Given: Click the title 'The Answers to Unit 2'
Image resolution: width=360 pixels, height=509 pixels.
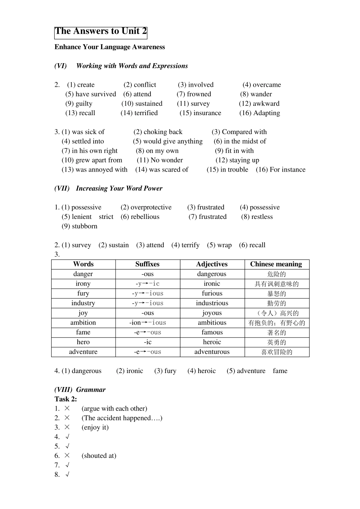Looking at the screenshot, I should pos(101,31).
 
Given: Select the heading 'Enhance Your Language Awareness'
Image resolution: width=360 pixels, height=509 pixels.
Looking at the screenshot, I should pos(110,47).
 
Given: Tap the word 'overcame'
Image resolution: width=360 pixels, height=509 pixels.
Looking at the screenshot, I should pos(267,85).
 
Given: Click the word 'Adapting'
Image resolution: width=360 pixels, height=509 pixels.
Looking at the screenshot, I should pos(266,113).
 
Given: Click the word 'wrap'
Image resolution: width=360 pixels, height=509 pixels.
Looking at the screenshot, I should pos(224,245).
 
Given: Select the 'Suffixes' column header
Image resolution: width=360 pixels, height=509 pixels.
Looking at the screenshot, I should pos(147,264).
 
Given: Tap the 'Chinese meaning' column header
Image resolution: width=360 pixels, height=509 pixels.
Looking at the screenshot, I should pos(276,264).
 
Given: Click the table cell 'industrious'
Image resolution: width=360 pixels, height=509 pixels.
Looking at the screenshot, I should pos(212,303).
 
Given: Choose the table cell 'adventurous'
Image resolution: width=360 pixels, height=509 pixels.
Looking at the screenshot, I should pos(212,352).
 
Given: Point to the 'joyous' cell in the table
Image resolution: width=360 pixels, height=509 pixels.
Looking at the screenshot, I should pos(212,313).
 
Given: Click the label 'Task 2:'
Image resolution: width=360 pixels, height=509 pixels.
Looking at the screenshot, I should pos(66,399).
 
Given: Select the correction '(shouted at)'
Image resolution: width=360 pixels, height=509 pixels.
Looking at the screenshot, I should pos(99,456).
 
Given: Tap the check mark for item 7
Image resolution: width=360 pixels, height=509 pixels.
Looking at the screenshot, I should pos(67,465).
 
